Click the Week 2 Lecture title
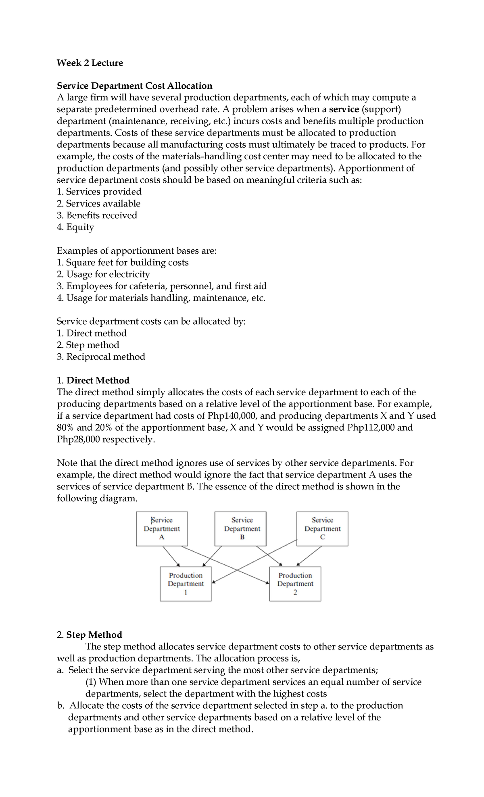[90, 63]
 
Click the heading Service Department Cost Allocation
[134, 86]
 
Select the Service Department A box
[162, 529]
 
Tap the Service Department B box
[242, 529]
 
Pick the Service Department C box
[322, 529]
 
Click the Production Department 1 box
[186, 584]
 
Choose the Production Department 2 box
[295, 584]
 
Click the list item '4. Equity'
[75, 227]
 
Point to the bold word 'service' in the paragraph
[344, 109]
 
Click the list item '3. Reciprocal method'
[101, 357]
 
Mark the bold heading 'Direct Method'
[98, 381]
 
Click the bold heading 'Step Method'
[94, 635]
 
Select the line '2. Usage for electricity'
[103, 274]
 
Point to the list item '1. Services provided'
[99, 192]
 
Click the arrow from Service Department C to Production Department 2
[309, 555]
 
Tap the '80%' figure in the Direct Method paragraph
[65, 428]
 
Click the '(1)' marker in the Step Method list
[91, 682]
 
